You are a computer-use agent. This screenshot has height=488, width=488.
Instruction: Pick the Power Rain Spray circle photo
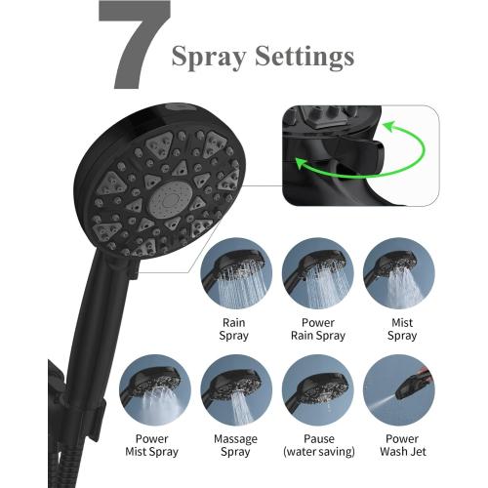coord(316,274)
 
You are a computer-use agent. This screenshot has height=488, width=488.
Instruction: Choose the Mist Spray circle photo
coord(398,274)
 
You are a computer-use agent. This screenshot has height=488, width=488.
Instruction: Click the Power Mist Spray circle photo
coord(155,389)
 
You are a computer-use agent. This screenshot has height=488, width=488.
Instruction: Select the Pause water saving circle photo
coord(316,389)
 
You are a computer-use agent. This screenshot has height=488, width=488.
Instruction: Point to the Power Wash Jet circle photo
coord(398,389)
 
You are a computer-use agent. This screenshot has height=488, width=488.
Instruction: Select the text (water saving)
coord(316,453)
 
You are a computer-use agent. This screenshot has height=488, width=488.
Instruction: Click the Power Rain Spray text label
coord(316,329)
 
